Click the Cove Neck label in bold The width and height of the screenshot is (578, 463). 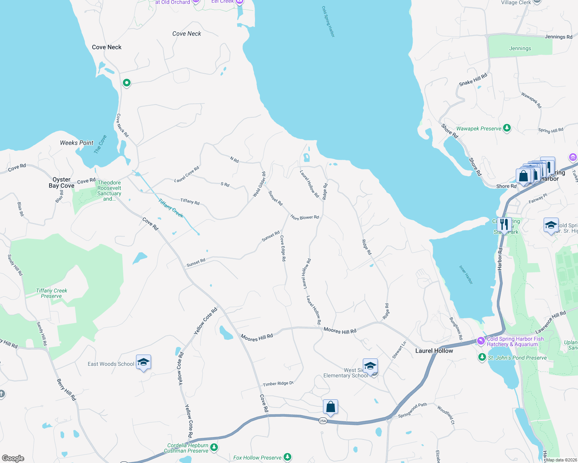coord(107,47)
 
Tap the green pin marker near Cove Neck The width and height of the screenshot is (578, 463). coord(126,83)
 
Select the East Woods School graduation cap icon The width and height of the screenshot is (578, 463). coord(143,362)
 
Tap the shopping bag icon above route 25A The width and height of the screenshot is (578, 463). coord(330,407)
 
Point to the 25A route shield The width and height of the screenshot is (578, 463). coord(323,421)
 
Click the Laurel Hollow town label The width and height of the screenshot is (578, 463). coord(434,351)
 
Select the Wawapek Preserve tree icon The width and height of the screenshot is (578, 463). coord(507,128)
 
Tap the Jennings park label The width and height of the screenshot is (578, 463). coord(520,48)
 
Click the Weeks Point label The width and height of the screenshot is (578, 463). coord(76,143)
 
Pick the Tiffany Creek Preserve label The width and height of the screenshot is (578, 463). coord(51,293)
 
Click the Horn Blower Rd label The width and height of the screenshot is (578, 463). coord(304,218)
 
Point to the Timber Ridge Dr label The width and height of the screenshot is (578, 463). coord(278,384)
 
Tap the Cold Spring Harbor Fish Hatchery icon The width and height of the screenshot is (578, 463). coord(481,341)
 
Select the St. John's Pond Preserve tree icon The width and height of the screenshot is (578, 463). coord(482,357)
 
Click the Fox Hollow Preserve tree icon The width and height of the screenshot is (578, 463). coord(287,457)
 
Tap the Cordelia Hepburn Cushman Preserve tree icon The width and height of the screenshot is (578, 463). coord(214,448)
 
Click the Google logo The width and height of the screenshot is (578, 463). coord(13,458)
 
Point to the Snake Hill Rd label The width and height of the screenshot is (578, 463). coord(473,79)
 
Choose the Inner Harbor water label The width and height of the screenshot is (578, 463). coord(466,274)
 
